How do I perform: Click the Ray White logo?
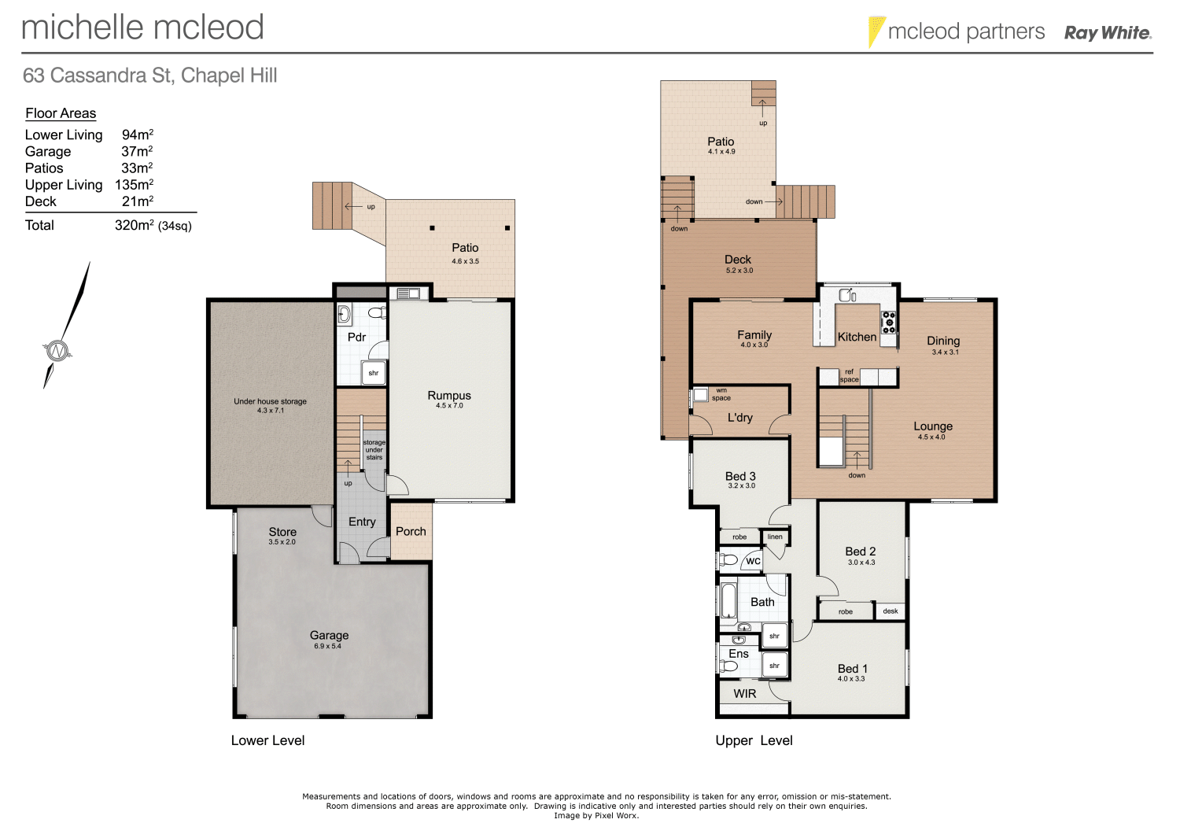pyautogui.click(x=1107, y=33)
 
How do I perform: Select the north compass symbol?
pyautogui.click(x=57, y=350)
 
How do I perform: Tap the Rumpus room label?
pyautogui.click(x=449, y=395)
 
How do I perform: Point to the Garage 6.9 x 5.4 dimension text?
pyautogui.click(x=328, y=647)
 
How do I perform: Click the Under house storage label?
pyautogui.click(x=270, y=401)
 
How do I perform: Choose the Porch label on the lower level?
pyautogui.click(x=411, y=532)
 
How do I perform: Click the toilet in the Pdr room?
pyautogui.click(x=377, y=312)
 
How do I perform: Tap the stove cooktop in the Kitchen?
pyautogui.click(x=888, y=321)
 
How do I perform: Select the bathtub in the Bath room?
pyautogui.click(x=728, y=600)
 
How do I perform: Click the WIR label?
pyautogui.click(x=744, y=694)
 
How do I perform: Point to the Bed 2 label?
pyautogui.click(x=860, y=552)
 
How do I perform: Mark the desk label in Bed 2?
pyautogui.click(x=891, y=611)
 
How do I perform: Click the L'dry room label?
pyautogui.click(x=739, y=418)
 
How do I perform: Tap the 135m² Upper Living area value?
pyautogui.click(x=134, y=185)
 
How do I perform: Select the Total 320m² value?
pyautogui.click(x=153, y=225)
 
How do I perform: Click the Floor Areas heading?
pyautogui.click(x=61, y=113)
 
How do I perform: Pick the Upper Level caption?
pyautogui.click(x=754, y=740)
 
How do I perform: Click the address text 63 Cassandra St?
pyautogui.click(x=149, y=76)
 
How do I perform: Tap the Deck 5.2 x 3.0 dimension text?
pyautogui.click(x=739, y=271)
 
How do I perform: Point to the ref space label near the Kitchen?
pyautogui.click(x=849, y=376)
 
